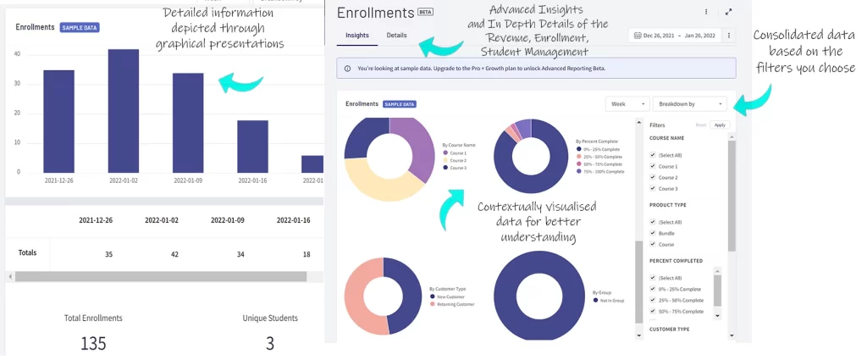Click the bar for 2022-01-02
(x=124, y=110)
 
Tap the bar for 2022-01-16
(x=252, y=147)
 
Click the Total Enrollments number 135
(x=93, y=343)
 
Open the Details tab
(x=396, y=35)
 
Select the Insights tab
(x=357, y=35)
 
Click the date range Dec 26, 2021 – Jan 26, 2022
(x=679, y=36)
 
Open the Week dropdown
(x=627, y=103)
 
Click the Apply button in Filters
(x=719, y=125)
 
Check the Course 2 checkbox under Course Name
(x=653, y=178)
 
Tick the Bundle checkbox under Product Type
(x=653, y=233)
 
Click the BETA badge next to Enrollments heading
(x=425, y=14)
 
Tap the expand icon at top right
(x=729, y=13)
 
